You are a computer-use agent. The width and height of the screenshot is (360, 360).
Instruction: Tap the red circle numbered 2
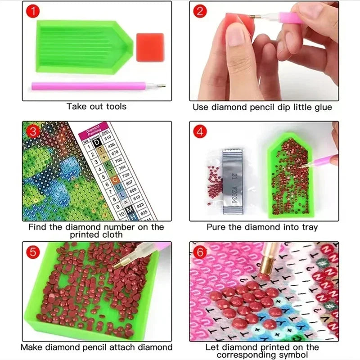click(199, 11)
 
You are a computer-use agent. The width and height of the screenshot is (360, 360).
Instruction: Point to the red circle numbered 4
click(199, 132)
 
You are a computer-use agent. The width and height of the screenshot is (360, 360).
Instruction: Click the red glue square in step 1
click(150, 47)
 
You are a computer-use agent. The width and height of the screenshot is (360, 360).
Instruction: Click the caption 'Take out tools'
click(96, 107)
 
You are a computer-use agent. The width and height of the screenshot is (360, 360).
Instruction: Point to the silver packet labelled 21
click(234, 179)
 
